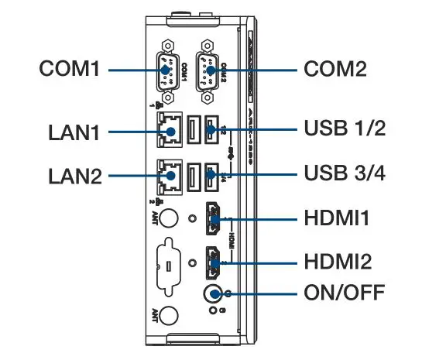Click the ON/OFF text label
point(345,295)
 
